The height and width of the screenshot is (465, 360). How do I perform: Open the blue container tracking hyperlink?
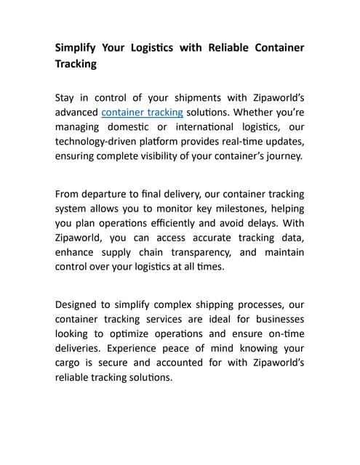click(142, 113)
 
